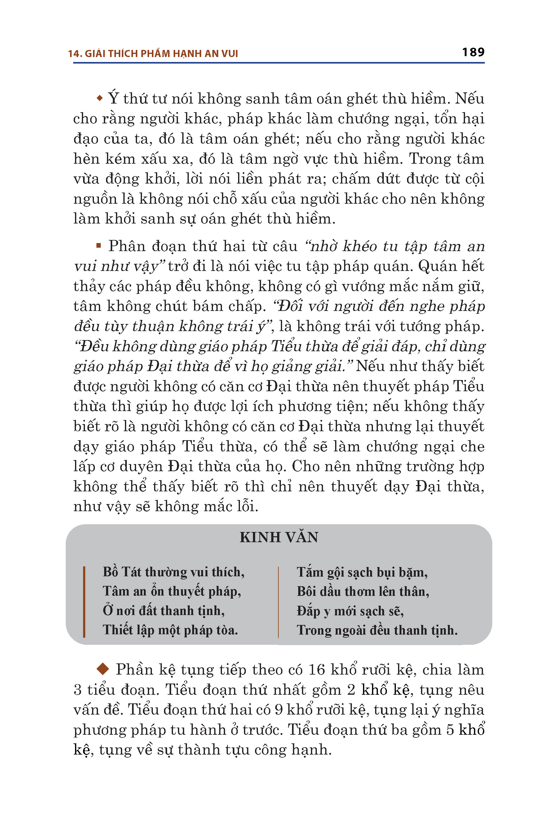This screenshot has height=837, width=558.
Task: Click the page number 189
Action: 473,52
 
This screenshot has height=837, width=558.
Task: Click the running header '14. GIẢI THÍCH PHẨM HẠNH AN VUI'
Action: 153,54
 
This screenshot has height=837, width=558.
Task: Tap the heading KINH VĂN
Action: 279,537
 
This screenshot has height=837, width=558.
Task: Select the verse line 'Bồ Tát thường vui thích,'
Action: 173,572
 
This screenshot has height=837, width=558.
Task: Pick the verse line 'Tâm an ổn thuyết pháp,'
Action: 172,591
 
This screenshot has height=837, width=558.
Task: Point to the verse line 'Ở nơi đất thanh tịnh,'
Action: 164,611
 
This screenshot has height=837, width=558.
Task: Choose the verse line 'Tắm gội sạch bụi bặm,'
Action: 362,572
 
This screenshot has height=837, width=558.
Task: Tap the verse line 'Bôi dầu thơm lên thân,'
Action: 363,591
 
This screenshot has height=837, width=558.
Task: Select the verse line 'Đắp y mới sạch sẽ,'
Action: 350,611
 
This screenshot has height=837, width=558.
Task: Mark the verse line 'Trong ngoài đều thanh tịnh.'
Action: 377,630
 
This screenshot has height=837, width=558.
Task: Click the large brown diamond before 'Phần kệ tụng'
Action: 103,669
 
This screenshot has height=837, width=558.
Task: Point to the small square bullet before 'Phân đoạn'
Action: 99,245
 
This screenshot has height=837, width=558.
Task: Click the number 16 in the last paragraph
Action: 317,670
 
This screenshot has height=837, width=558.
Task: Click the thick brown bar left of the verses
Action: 84,601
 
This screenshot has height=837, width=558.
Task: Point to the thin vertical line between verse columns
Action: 278,601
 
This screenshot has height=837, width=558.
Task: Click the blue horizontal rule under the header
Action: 279,63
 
